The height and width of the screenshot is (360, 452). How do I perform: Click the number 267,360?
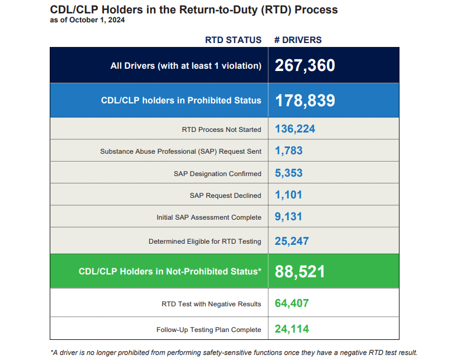[304, 65]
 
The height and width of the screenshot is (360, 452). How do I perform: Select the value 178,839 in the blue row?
[304, 101]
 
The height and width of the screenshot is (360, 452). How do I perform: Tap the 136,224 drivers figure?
[295, 129]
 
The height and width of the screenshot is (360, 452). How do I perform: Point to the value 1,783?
[289, 151]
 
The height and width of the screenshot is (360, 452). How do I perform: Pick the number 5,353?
[289, 173]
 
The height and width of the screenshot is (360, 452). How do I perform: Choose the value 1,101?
[288, 195]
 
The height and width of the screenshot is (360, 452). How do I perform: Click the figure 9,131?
[288, 217]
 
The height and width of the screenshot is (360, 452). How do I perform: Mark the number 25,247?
[292, 241]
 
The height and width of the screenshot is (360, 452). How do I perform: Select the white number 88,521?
[299, 272]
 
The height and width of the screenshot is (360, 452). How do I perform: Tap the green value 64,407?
[292, 304]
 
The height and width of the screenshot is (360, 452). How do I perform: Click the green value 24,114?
[292, 329]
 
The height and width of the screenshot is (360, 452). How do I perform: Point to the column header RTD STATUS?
[233, 40]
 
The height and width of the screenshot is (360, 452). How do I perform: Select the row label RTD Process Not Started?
[221, 130]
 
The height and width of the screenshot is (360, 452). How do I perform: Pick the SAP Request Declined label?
[225, 196]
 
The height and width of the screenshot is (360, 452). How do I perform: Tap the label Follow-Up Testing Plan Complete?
[208, 330]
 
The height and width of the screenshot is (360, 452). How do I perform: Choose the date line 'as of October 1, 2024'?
[87, 20]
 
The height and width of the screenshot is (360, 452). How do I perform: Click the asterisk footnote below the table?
[234, 352]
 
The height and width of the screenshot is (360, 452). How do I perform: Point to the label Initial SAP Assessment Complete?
[208, 217]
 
